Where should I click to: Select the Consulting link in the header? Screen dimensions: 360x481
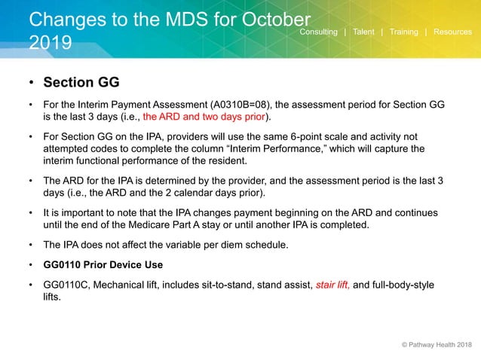318,32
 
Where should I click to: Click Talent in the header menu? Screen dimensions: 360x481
363,32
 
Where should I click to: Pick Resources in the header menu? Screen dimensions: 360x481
452,32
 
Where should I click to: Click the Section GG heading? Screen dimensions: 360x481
81,81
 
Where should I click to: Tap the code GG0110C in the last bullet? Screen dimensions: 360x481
72,285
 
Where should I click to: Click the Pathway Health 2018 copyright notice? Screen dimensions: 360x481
436,345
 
